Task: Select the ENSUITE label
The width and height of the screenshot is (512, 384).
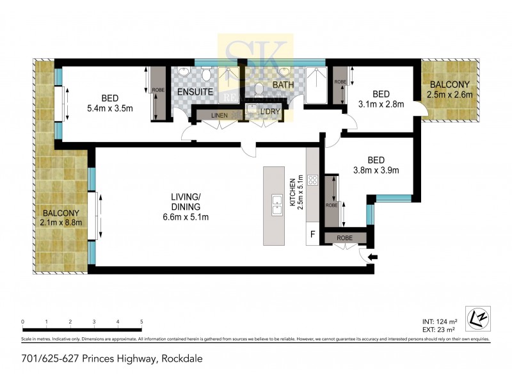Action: click(x=195, y=92)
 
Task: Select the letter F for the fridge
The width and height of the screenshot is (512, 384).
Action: click(x=313, y=234)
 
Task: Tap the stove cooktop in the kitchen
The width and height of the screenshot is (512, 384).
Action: click(x=313, y=180)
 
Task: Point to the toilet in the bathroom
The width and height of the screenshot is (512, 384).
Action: click(x=259, y=90)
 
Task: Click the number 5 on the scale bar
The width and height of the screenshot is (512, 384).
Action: click(x=141, y=322)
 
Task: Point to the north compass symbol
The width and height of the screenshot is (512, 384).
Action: click(x=475, y=316)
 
